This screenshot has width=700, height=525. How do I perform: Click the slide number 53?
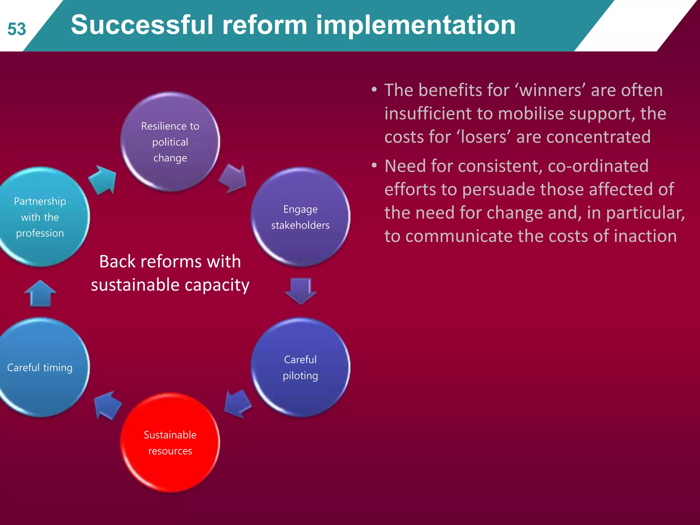pos(17,29)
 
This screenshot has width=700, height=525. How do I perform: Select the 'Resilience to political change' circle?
pos(170,142)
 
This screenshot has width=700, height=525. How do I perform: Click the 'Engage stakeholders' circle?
pos(300,217)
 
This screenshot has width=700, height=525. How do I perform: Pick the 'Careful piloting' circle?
pos(300,367)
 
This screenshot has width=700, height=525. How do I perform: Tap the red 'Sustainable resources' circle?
pos(170,442)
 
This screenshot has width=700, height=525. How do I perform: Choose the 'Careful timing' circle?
pos(40,367)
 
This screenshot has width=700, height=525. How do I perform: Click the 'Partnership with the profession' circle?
pos(40,217)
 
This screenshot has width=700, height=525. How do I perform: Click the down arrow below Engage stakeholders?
pos(300,291)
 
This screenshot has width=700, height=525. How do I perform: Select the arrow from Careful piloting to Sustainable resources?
pos(238,404)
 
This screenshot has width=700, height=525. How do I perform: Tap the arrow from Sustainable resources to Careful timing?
pos(107,405)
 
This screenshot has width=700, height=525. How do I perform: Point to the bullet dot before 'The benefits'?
pos(374,90)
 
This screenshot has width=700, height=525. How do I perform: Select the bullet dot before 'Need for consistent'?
pos(374,166)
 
